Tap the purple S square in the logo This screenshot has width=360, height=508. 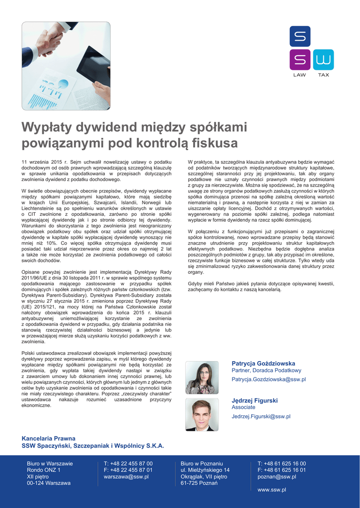click(300, 60)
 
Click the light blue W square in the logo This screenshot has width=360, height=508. click(323, 60)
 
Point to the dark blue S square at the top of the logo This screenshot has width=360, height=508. click(300, 36)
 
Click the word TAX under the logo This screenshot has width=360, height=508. click(323, 75)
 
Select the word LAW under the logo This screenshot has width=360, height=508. click(299, 75)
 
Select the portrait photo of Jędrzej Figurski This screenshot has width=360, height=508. click(201, 415)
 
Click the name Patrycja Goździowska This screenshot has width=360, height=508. click(263, 364)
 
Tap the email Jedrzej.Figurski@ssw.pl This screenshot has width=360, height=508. click(261, 417)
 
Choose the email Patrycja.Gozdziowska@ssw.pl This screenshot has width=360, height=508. click(269, 380)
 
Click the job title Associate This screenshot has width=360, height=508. click(243, 407)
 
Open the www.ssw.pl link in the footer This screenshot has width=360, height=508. click(272, 490)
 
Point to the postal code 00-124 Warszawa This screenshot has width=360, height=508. click(49, 483)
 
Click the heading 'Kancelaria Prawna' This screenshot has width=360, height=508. click(49, 439)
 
